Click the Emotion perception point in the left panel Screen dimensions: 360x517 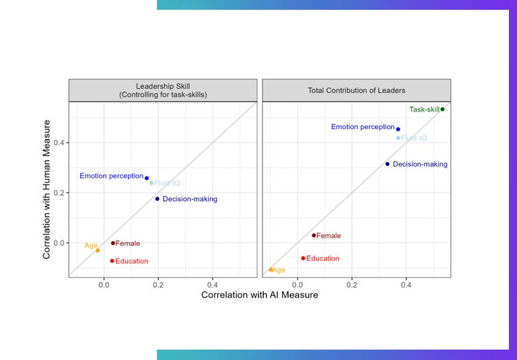[147, 178]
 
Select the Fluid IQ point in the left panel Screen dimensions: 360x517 [151, 183]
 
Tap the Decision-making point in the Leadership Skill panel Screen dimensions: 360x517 [158, 199]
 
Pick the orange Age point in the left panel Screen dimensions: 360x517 [98, 250]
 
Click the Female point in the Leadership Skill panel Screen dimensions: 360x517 [113, 243]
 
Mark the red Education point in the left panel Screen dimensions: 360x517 [112, 261]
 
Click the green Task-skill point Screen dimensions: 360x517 [442, 109]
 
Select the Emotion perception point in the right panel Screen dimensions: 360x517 [398, 129]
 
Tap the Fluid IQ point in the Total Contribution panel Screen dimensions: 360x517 [399, 138]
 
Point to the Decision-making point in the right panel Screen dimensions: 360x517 [388, 164]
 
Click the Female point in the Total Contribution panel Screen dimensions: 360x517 [314, 236]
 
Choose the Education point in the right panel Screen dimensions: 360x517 [303, 258]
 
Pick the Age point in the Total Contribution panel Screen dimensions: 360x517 [271, 270]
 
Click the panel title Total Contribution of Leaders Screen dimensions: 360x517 [356, 90]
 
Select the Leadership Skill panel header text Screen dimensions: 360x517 [162, 90]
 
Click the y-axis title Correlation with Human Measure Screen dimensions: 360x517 [47, 190]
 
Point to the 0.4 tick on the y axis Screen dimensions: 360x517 [59, 143]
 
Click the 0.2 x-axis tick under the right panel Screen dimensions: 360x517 [352, 285]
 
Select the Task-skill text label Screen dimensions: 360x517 [424, 109]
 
